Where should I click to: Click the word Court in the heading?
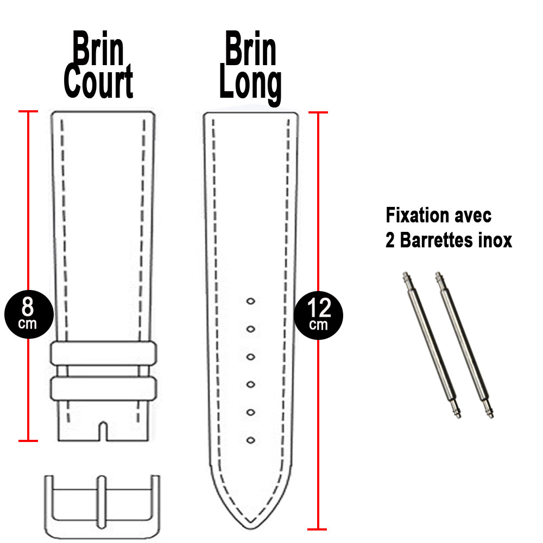point(98,83)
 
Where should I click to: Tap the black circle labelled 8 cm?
point(28,314)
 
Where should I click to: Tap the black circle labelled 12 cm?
point(319,314)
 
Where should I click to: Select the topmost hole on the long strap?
point(251,301)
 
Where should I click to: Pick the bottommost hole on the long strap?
point(251,440)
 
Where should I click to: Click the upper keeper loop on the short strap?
point(104,353)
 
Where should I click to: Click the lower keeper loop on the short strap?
point(104,388)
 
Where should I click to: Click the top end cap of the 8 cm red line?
point(28,112)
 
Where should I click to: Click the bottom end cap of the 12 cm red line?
point(317,528)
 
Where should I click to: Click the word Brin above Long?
point(250,52)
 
